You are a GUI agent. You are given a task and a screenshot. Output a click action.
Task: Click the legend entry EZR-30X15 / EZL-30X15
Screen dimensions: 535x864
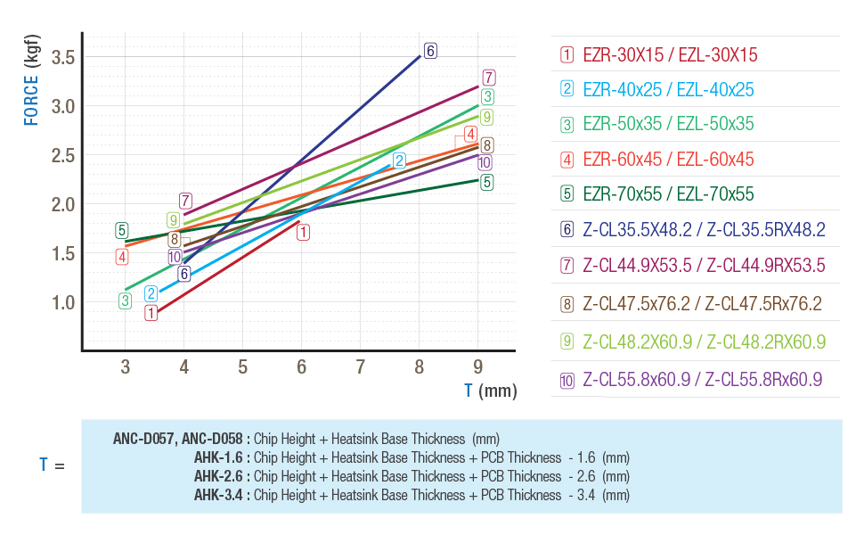[x=669, y=55]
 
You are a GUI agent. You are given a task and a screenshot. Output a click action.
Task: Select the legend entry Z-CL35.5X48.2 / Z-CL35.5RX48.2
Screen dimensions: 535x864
[x=704, y=229]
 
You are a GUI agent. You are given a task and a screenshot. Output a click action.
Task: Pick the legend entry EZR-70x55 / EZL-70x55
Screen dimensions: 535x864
[x=668, y=194]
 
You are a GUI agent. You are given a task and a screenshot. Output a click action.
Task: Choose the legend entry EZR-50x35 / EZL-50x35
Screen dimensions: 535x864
[x=668, y=125]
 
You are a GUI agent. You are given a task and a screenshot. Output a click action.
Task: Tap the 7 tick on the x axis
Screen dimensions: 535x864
[x=361, y=366]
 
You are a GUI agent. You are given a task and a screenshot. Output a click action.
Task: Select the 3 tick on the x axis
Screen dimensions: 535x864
[x=125, y=366]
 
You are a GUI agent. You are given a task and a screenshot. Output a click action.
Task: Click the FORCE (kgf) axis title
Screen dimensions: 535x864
[x=31, y=79]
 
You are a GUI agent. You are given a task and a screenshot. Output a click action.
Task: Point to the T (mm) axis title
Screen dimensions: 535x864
[x=490, y=391]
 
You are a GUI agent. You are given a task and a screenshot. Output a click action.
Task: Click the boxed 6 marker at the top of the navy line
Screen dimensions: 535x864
[x=430, y=51]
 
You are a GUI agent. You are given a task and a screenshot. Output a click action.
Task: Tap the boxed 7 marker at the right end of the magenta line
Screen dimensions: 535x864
[x=488, y=78]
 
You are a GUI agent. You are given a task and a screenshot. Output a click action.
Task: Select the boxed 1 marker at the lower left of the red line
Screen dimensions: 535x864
[x=151, y=313]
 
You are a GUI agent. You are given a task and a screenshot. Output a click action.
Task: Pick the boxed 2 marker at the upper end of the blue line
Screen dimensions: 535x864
[x=399, y=161]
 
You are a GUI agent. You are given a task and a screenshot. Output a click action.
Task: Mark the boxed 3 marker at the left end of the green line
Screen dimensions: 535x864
[x=126, y=300]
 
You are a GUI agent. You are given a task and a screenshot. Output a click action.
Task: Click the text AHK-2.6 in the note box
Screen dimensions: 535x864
[x=221, y=476]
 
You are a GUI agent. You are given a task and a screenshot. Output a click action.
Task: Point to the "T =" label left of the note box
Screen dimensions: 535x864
[x=52, y=465]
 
